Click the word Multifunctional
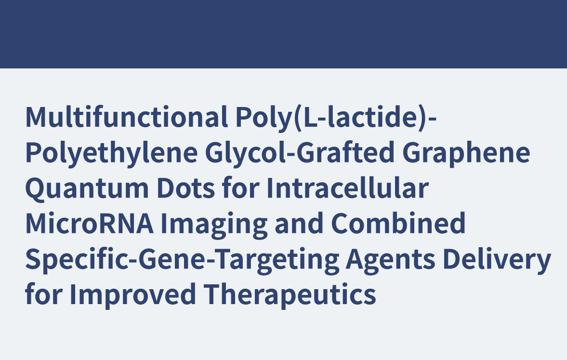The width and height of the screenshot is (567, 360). (126, 117)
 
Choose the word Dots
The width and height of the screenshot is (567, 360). (185, 188)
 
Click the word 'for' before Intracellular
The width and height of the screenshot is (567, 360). (240, 187)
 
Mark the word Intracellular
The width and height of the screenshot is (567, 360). (348, 187)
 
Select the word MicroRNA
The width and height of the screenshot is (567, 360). (89, 223)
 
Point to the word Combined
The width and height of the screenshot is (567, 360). (398, 223)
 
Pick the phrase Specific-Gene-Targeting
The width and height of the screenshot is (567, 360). (182, 260)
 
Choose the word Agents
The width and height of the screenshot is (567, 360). (391, 260)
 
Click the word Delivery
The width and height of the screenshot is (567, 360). (497, 260)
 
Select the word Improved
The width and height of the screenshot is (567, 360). (132, 294)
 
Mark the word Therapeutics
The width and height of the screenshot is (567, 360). (290, 294)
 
